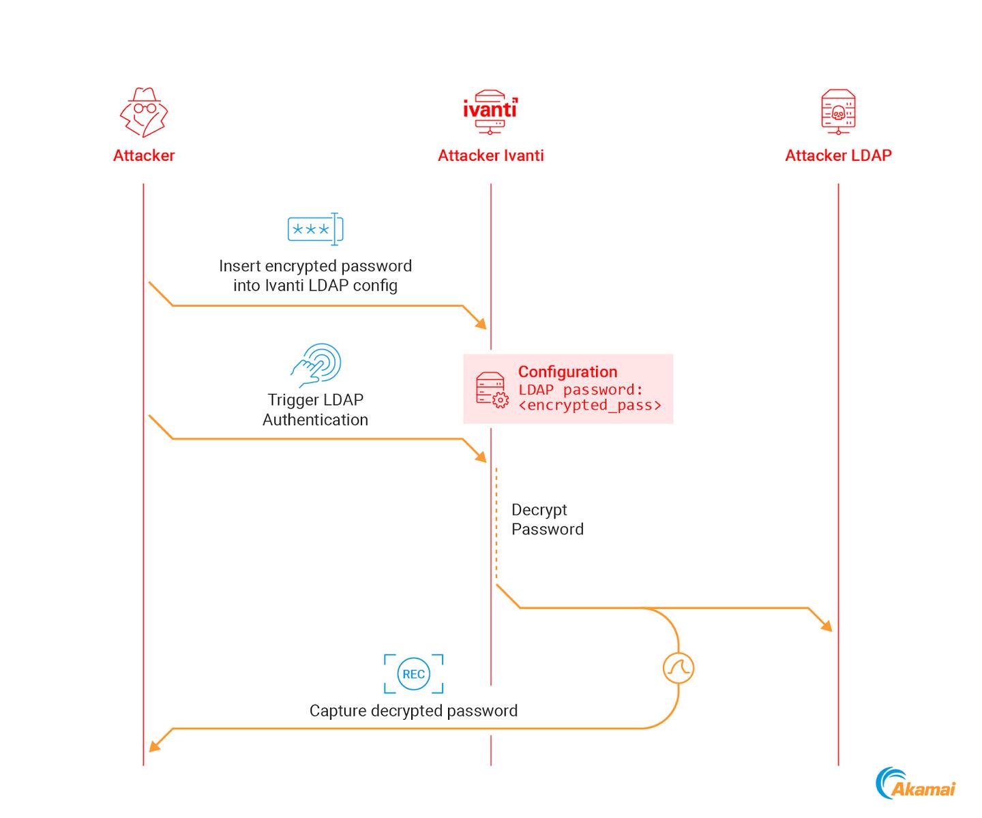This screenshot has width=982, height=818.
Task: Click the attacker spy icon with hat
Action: click(x=144, y=112)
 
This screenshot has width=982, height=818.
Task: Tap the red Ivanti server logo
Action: click(x=490, y=111)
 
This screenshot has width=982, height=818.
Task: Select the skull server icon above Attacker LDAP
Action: click(x=838, y=111)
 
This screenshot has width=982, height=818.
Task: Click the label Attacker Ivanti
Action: click(x=490, y=155)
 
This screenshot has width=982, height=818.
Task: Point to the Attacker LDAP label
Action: click(x=838, y=155)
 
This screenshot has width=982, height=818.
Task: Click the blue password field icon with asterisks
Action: click(x=315, y=229)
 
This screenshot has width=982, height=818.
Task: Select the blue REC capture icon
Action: click(x=413, y=674)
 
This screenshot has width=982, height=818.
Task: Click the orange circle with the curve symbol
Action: click(x=678, y=668)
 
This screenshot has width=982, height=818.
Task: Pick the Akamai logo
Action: click(x=916, y=784)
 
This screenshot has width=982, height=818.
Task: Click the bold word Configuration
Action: click(x=567, y=372)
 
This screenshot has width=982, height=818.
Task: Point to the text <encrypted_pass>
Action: click(x=590, y=406)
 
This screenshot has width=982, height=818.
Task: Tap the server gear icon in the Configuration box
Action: click(x=492, y=391)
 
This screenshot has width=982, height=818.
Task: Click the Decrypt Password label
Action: click(x=547, y=519)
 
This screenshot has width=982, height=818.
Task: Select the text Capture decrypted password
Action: click(x=413, y=711)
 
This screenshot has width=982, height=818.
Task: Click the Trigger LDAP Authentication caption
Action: click(x=315, y=410)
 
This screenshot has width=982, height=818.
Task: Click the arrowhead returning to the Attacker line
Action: click(x=155, y=746)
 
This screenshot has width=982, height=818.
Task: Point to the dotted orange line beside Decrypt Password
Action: click(x=496, y=525)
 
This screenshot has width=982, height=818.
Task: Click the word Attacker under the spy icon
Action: click(x=144, y=155)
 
